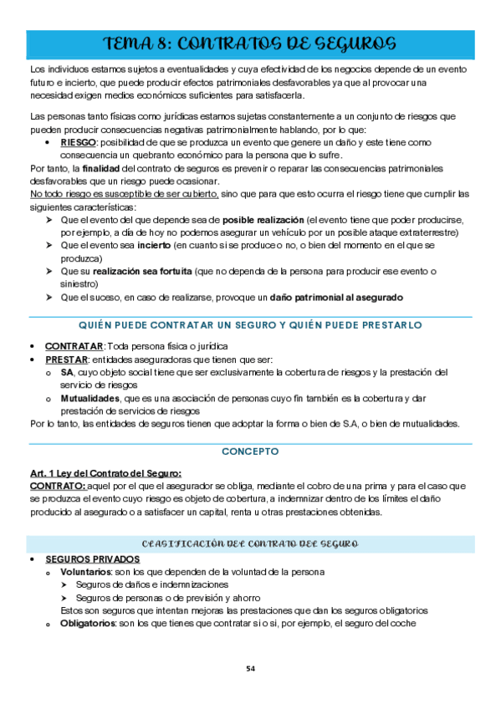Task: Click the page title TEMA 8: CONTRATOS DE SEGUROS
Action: tap(250, 43)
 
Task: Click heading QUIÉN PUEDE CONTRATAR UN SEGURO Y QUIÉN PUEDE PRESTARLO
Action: tap(250, 324)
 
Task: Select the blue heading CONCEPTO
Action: tap(250, 451)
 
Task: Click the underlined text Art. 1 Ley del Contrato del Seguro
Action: tap(105, 473)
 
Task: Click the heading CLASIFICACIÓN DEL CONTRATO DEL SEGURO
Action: tap(250, 544)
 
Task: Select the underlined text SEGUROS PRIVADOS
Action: tap(93, 559)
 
